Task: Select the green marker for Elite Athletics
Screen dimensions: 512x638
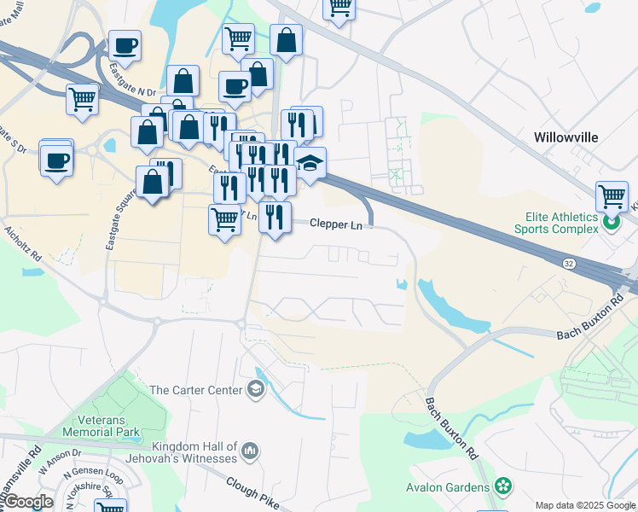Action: pos(611,224)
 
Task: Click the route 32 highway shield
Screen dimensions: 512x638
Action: pos(568,265)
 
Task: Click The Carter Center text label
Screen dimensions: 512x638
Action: pos(195,390)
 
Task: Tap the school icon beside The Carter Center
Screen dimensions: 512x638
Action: pos(254,390)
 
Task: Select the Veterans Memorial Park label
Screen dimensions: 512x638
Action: pos(108,426)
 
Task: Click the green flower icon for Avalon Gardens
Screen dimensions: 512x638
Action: pos(503,487)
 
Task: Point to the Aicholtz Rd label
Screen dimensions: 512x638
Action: pos(23,243)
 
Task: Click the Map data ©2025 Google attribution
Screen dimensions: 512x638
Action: pos(585,505)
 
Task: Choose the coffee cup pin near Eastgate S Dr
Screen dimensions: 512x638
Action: pos(56,160)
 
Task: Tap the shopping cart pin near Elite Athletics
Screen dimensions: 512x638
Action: pos(612,197)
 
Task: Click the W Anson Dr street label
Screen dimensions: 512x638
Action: pos(59,460)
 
